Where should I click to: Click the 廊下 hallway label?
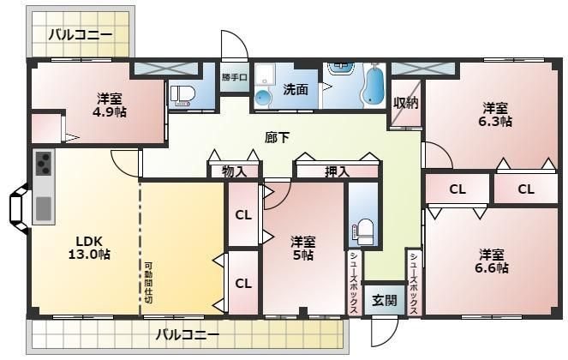coord(276,136)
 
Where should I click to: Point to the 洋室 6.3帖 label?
coord(496,115)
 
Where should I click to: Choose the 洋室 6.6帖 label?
coord(493,261)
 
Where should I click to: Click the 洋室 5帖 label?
coord(301,248)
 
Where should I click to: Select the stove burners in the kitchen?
coord(43,163)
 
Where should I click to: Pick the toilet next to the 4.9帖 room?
coord(182,94)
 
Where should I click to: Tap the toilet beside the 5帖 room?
coord(364,231)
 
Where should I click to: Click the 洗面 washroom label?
coord(296,88)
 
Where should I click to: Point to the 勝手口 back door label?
coord(234,77)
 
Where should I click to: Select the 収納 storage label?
coord(404,104)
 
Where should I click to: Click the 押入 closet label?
coord(337,171)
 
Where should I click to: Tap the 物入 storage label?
coord(233,171)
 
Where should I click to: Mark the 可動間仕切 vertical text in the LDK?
coord(148,282)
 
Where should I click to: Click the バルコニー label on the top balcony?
coord(79,35)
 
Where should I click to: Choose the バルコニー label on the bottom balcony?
coord(187,333)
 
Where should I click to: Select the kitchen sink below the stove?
coord(43,207)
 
